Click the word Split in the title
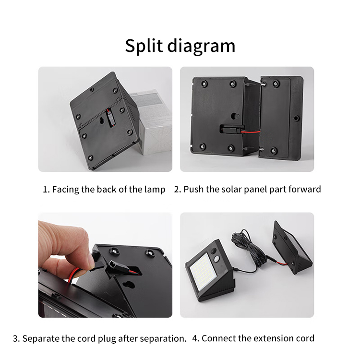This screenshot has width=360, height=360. [144, 46]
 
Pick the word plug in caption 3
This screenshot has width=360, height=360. [107, 339]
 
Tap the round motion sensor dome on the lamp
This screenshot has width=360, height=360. [216, 259]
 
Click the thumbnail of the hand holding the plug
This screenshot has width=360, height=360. [105, 265]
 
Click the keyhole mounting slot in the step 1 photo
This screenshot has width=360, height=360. [101, 120]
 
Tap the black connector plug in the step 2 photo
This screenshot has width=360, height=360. [231, 129]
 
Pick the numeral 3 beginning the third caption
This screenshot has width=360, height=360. [15, 339]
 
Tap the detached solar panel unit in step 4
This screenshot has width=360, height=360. [292, 248]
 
